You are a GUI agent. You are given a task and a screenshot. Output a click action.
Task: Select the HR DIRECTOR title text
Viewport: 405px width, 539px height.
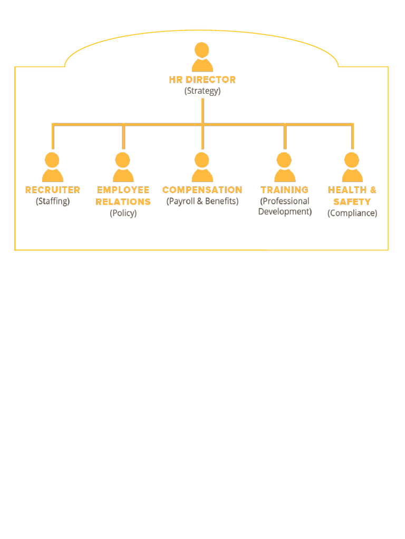coord(202,79)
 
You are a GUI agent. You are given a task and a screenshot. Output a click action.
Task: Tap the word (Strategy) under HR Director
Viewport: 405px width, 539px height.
coord(202,91)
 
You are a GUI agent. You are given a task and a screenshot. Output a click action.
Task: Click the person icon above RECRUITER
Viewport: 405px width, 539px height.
coord(52,167)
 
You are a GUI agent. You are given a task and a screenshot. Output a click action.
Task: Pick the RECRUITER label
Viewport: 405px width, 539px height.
coord(53,189)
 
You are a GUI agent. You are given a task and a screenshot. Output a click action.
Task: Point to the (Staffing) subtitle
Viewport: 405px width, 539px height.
coord(53,201)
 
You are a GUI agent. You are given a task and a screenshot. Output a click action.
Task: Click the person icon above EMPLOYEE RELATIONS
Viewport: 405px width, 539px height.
coord(123,167)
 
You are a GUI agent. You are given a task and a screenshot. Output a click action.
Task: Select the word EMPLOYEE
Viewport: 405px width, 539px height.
coord(123,189)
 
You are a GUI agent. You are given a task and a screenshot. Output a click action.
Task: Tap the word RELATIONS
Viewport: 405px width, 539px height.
coord(123,202)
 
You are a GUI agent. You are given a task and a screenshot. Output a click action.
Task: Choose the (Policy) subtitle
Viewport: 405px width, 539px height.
coord(123,213)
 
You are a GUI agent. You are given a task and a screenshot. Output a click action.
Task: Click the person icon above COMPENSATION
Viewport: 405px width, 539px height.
coord(202,167)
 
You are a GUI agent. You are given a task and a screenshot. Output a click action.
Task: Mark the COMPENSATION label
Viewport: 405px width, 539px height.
coord(202,189)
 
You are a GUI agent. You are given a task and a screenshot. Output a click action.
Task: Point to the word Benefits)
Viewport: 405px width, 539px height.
coord(221,201)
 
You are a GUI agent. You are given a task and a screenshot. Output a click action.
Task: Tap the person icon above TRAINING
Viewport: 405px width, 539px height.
coord(285,167)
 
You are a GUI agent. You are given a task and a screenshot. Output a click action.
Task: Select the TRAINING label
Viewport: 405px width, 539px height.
coord(285,189)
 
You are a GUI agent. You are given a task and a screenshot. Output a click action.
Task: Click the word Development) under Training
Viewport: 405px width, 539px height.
coord(285,212)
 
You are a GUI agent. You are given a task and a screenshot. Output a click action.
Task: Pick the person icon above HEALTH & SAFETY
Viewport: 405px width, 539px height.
coord(352,167)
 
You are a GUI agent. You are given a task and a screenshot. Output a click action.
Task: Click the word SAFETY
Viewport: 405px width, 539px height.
coord(352,202)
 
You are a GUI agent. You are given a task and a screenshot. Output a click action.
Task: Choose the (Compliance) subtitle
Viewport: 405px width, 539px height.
coord(352,213)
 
